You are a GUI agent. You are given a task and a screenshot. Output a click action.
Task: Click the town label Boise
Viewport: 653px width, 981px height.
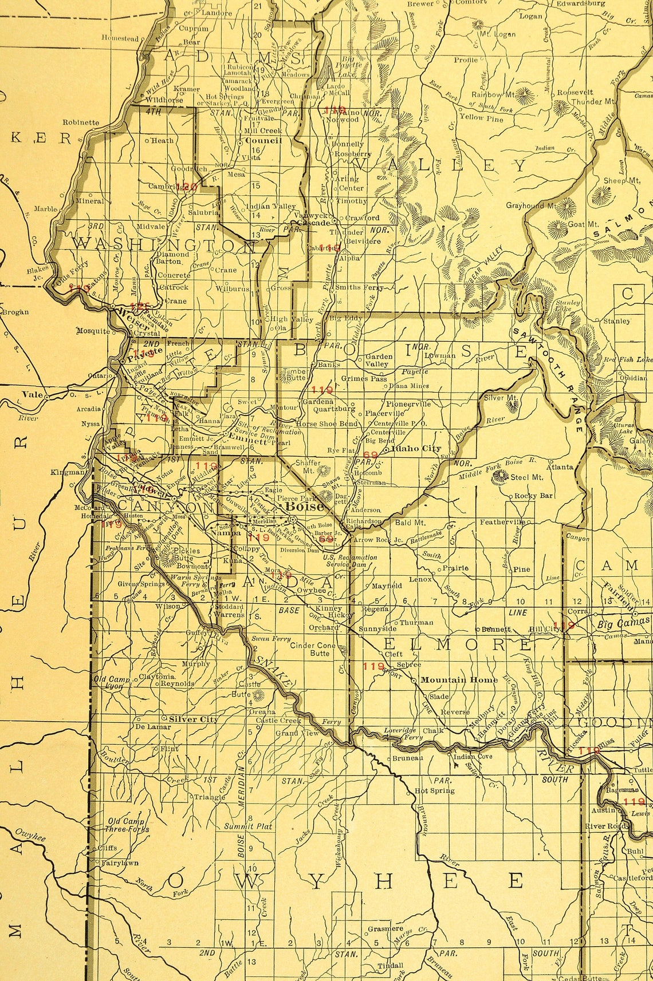[x=304, y=507]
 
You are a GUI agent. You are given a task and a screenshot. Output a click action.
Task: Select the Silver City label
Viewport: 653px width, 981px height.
[x=193, y=719]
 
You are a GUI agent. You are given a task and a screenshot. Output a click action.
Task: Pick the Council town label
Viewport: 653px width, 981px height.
[x=263, y=140]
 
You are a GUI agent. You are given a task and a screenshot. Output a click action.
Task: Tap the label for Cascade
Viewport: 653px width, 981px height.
[x=314, y=223]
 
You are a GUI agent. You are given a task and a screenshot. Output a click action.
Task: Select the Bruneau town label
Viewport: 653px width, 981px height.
[x=407, y=758]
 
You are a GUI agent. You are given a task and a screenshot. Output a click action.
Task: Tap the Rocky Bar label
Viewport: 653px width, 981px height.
[x=533, y=496]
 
